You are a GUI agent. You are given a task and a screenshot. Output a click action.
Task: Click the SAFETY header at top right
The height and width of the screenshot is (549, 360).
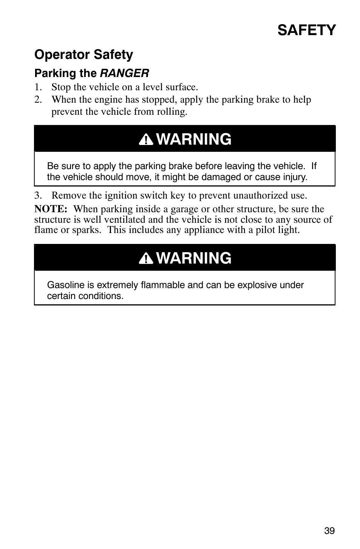[306, 30]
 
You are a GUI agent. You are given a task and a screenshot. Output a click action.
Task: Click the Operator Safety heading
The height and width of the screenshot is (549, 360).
[84, 55]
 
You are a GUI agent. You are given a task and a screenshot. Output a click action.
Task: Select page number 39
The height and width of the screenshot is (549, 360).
[329, 530]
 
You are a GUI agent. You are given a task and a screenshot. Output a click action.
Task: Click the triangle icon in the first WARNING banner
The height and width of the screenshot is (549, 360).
[146, 140]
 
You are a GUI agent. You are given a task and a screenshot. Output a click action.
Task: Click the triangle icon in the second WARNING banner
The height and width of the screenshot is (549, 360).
[146, 259]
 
